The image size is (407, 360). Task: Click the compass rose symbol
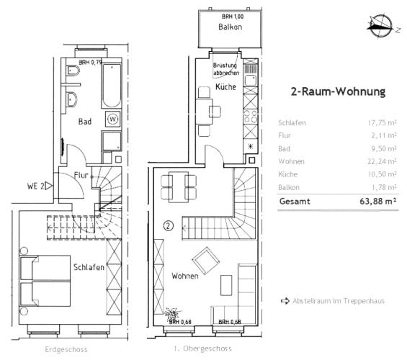coord(380,27)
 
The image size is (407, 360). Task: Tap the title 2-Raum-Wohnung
coord(338,91)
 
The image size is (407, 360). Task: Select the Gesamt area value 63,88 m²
coord(378,202)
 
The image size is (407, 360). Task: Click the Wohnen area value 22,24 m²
coord(382,161)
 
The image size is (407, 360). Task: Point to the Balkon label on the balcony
coord(231,27)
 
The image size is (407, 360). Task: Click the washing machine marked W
coord(112,120)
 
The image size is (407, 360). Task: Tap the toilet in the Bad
coord(73,71)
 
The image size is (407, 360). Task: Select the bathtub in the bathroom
coord(112,86)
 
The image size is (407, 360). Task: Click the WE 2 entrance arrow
coord(49,186)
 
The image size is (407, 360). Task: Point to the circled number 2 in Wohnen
coord(168,225)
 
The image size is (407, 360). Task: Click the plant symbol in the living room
coord(172,314)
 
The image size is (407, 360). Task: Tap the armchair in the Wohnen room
coord(206,261)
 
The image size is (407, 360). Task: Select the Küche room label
coord(225,87)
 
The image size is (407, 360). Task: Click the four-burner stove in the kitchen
coord(251,117)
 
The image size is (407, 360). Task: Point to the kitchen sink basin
coord(251,81)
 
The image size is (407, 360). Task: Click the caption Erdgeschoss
coord(66,349)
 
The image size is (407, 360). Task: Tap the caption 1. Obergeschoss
coord(202,348)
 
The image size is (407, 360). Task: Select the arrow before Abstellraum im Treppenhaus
coord(285,301)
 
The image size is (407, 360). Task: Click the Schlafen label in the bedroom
coord(89,267)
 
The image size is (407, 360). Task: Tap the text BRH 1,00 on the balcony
coord(233,17)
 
